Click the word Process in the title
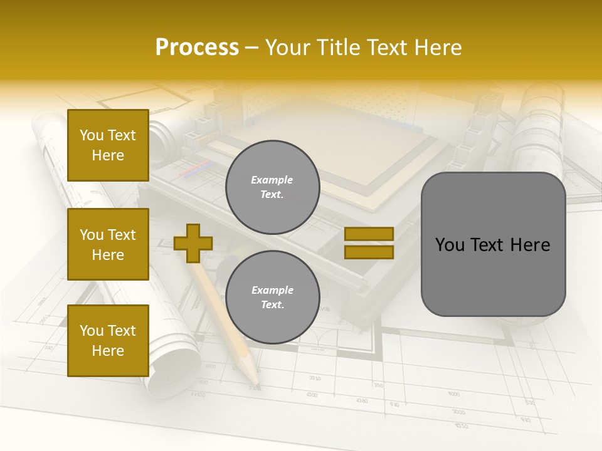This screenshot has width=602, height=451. click(x=197, y=48)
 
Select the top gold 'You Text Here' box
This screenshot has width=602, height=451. click(x=108, y=145)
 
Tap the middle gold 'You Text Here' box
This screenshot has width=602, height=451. click(x=108, y=244)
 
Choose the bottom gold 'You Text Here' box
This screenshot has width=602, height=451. click(x=108, y=341)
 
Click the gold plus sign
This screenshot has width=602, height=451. click(x=193, y=243)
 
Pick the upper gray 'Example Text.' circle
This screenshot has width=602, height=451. click(x=272, y=187)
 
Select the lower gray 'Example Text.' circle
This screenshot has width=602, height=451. click(x=272, y=297)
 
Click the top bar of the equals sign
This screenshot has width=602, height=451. click(x=369, y=234)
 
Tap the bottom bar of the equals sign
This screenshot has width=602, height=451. click(x=369, y=252)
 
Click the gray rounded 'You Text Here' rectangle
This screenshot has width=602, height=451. click(x=493, y=244)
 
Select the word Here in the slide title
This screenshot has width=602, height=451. click(x=436, y=48)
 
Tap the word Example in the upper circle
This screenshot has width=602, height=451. click(x=272, y=180)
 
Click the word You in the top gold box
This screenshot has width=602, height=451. click(x=92, y=135)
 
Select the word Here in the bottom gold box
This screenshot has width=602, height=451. click(x=108, y=351)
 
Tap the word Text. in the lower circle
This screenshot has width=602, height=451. click(x=272, y=304)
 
